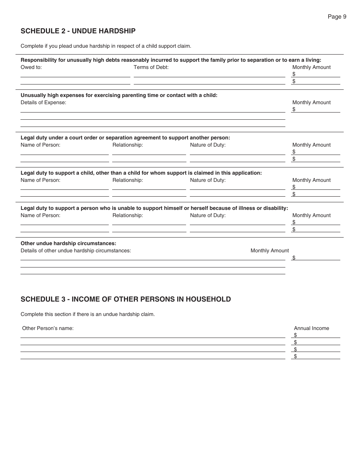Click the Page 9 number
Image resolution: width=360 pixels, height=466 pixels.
337,16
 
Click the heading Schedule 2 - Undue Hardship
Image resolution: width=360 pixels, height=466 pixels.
78,31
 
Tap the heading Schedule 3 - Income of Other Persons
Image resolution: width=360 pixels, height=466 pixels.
125,299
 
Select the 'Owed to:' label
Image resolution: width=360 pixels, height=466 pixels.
31,67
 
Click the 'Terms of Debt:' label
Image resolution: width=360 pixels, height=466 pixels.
151,67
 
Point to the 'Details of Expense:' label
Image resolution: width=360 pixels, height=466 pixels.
43,102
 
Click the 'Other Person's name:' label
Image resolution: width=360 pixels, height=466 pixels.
48,328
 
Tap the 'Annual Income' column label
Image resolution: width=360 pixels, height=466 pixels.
311,328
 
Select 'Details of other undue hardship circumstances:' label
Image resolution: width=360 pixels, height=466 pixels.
76,250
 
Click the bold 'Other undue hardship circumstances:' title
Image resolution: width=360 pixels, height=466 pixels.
68,243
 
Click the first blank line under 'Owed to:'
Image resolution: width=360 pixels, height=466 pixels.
75,74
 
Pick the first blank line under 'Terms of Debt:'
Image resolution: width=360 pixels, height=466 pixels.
209,74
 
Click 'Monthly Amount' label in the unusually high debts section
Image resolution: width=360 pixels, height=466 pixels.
311,67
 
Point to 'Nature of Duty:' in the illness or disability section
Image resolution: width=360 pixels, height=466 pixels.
208,215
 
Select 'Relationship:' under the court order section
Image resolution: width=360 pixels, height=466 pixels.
127,145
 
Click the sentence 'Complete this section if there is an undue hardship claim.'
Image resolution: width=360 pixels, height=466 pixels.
88,314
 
